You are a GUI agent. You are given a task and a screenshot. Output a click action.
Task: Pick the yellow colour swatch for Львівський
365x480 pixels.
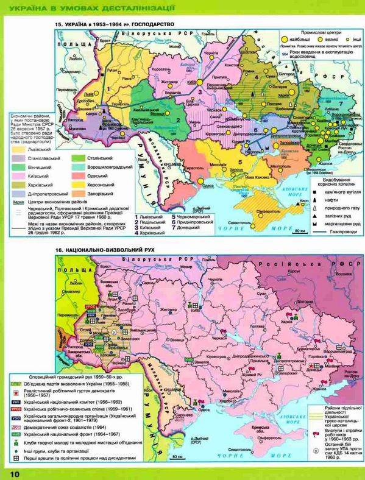18,147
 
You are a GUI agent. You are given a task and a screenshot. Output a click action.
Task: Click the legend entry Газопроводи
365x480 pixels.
342,232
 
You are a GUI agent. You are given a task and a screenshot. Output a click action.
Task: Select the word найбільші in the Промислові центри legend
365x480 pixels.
289,37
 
